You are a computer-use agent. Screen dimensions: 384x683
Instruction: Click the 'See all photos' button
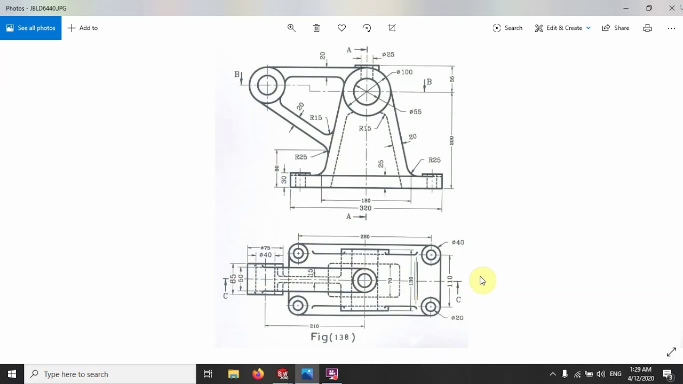click(x=31, y=28)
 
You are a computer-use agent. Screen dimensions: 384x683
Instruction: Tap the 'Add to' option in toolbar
click(x=83, y=28)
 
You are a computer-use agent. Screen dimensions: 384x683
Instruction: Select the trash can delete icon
click(x=316, y=28)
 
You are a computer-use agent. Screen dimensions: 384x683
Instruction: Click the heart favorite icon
click(x=341, y=28)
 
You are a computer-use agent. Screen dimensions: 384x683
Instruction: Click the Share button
click(x=616, y=28)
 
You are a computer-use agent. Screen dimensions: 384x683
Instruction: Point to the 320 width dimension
click(x=366, y=208)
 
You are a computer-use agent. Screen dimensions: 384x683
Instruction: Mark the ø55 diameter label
click(x=415, y=111)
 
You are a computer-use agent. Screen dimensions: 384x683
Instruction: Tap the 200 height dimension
click(x=451, y=141)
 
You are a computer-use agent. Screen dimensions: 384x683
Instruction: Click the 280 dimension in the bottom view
click(x=365, y=236)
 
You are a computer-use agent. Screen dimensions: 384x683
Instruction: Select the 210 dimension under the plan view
click(x=314, y=326)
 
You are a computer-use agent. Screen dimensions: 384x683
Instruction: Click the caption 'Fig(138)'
click(x=333, y=337)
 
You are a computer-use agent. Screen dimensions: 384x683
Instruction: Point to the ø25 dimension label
click(x=388, y=54)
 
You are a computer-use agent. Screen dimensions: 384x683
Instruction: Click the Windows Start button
click(x=12, y=374)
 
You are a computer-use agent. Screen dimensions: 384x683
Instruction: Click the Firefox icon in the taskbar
click(x=258, y=374)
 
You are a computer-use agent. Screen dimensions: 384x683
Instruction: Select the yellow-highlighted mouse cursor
click(x=482, y=281)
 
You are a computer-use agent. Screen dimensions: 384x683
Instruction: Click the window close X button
click(x=672, y=8)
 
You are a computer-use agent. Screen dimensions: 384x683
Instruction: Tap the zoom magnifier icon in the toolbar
click(x=291, y=28)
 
